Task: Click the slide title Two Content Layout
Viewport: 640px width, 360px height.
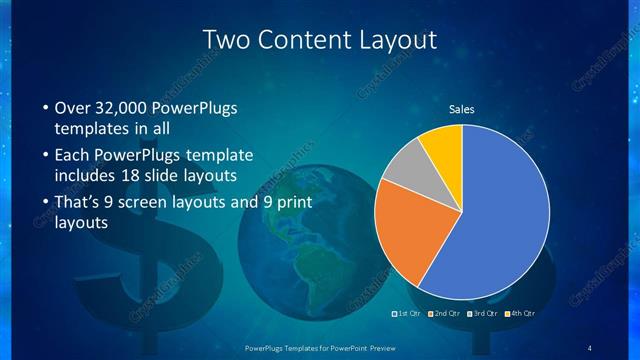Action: pyautogui.click(x=320, y=40)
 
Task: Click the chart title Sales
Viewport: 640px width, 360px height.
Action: pyautogui.click(x=461, y=109)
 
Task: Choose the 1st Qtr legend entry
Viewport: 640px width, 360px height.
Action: pyautogui.click(x=407, y=314)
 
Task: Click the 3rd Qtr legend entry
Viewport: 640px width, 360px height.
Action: pyautogui.click(x=483, y=314)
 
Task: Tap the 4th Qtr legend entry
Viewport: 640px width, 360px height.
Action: pyautogui.click(x=521, y=314)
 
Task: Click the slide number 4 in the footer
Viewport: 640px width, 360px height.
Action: pyautogui.click(x=591, y=348)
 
